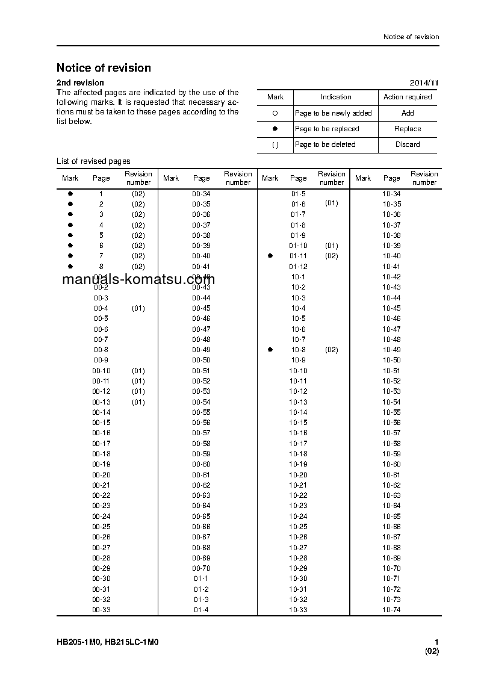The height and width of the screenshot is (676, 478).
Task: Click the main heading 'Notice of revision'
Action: [x=104, y=68]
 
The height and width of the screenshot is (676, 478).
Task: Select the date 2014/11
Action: [x=424, y=82]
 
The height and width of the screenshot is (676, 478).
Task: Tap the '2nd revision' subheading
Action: [x=80, y=82]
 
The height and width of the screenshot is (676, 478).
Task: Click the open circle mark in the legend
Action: [x=275, y=113]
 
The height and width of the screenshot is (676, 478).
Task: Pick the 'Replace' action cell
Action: [x=408, y=129]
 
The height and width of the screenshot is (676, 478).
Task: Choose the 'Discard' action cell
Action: [x=408, y=144]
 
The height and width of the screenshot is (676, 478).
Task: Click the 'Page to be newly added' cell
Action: [x=334, y=113]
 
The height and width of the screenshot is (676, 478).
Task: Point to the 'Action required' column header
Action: [x=408, y=97]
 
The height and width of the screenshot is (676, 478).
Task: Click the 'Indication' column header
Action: [x=336, y=97]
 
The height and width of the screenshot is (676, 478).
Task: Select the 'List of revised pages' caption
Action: [x=93, y=161]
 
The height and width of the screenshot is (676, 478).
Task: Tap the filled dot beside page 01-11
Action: [x=270, y=256]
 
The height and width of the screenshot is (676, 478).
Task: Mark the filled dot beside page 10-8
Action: [x=270, y=350]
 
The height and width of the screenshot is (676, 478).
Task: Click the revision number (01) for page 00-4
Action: [x=138, y=308]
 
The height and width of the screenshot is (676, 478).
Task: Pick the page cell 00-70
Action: [x=201, y=568]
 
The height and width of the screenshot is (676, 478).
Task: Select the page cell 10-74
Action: [x=391, y=610]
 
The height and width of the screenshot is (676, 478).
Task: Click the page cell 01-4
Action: [x=201, y=610]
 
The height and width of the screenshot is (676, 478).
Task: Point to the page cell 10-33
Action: [x=298, y=610]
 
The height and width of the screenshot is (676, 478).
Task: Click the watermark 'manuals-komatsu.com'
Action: [x=138, y=279]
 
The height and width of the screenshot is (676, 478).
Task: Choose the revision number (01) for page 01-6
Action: [x=332, y=203]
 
